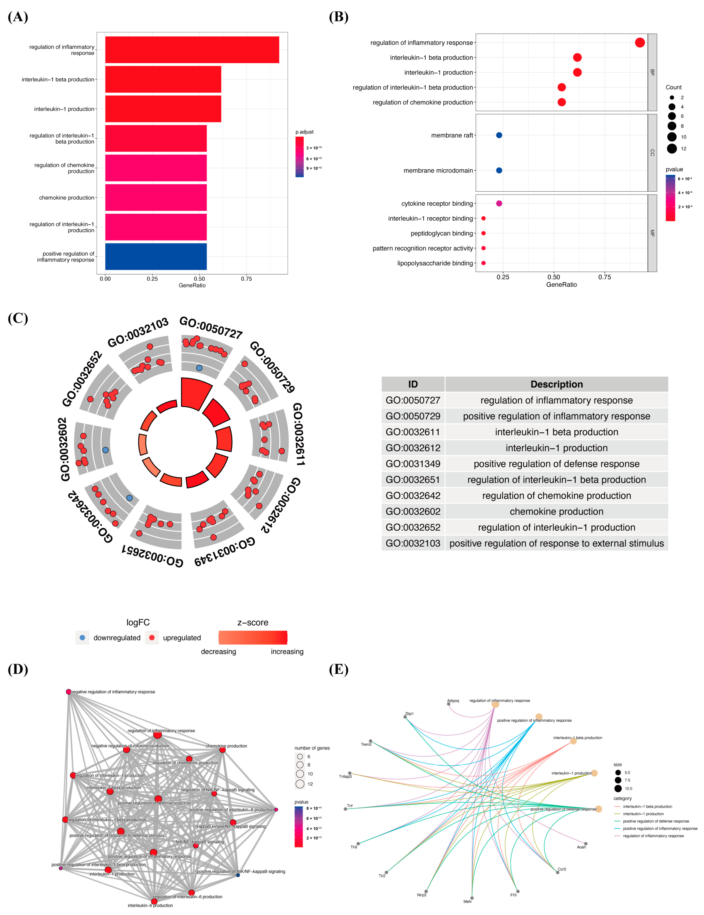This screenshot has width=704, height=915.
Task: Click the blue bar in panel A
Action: (x=156, y=256)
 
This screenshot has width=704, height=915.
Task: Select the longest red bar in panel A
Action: (x=192, y=50)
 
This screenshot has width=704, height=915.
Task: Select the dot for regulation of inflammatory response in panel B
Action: (x=640, y=43)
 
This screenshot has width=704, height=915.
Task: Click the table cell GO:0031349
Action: (x=413, y=464)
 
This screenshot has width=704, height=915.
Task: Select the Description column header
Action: (x=557, y=384)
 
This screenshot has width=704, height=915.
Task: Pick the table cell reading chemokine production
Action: (x=557, y=512)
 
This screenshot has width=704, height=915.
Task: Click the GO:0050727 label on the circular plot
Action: (x=211, y=328)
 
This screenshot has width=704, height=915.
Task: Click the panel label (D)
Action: (x=18, y=670)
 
